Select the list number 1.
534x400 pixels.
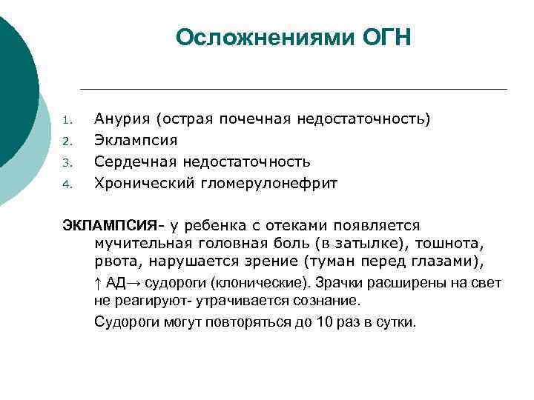[x=66, y=120]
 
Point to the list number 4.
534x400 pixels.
[x=66, y=184]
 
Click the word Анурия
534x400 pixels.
[x=121, y=119]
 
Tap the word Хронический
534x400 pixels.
[x=145, y=183]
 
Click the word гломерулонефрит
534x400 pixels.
[x=269, y=183]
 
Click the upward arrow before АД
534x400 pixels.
[x=98, y=283]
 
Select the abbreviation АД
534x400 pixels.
[x=116, y=283]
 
